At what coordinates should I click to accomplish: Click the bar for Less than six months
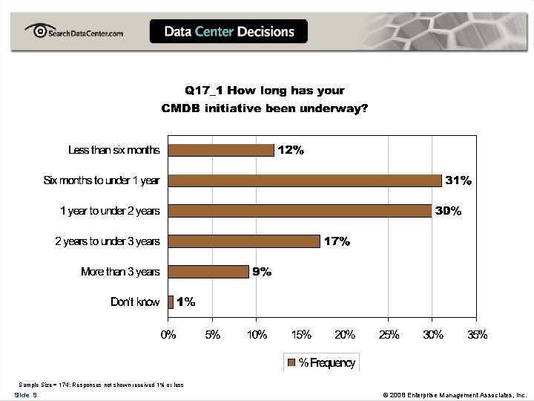pos(221,150)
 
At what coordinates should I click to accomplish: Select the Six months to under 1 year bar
pos(305,180)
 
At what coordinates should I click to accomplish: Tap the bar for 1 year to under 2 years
pos(300,211)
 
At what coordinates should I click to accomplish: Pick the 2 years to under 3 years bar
pos(244,241)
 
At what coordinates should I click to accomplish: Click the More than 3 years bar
pos(208,272)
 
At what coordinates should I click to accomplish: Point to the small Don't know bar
pos(171,302)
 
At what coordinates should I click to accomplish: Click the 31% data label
pos(458,180)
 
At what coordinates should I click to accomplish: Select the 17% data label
pos(337,241)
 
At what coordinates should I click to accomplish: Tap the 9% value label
pos(262,272)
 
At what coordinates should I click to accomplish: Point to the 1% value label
pos(185,302)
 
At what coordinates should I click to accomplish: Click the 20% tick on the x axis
pos(345,335)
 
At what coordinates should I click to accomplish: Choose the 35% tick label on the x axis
pos(477,335)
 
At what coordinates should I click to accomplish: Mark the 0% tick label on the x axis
pos(169,335)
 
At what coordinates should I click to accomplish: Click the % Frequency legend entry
pos(320,363)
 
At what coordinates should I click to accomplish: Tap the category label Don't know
pos(135,302)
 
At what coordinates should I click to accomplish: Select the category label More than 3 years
pos(120,272)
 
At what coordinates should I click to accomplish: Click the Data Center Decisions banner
pos(228,32)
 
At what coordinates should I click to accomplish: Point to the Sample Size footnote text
pos(101,385)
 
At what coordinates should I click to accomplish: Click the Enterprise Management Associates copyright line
pos(452,395)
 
